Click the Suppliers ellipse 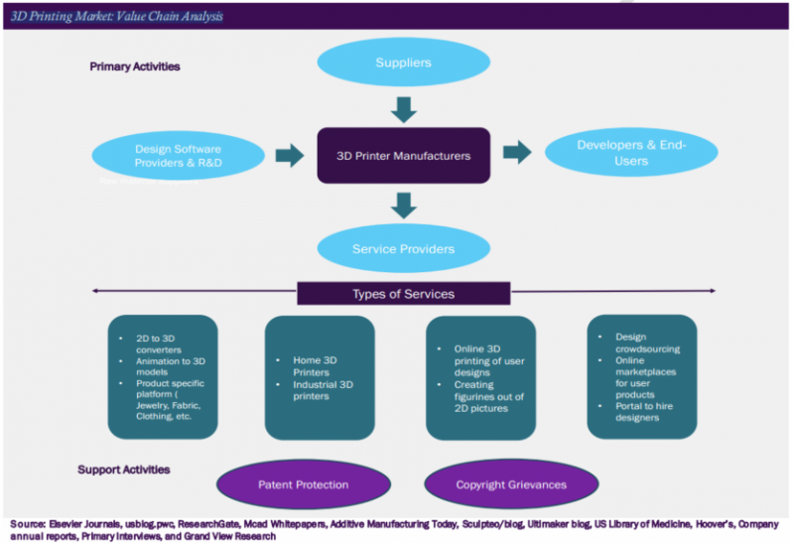(x=403, y=63)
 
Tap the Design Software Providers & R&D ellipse (x=180, y=155)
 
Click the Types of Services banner (x=403, y=293)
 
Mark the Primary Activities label (x=134, y=67)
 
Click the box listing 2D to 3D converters (x=163, y=376)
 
